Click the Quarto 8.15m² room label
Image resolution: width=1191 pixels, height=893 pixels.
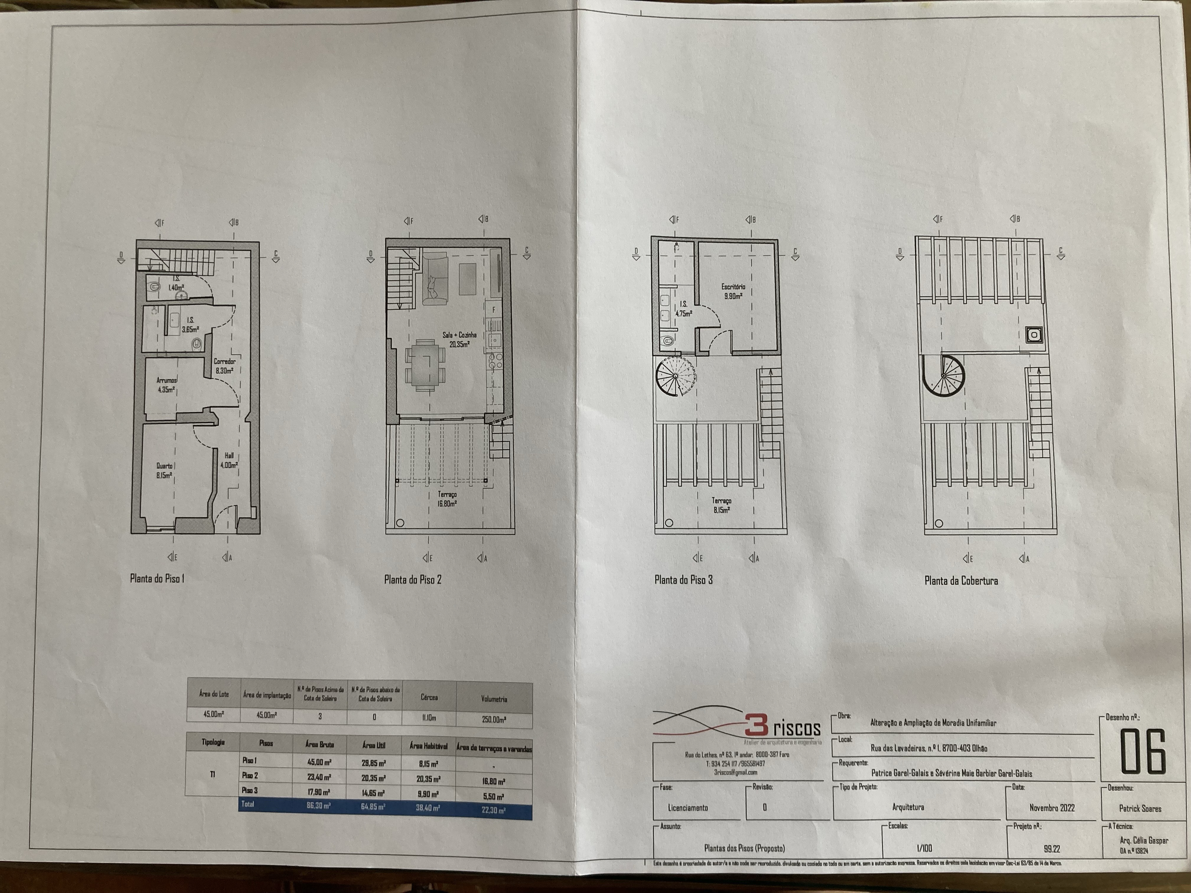click(x=164, y=470)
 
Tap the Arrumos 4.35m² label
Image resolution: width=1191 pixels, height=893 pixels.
click(x=166, y=385)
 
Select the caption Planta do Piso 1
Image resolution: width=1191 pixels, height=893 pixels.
click(x=157, y=579)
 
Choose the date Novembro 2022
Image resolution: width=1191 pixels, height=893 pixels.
click(x=1052, y=808)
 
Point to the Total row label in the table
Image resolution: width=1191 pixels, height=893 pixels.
click(x=248, y=804)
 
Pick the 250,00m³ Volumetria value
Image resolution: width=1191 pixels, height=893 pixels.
click(x=494, y=719)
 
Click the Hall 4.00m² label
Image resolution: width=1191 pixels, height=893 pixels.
click(x=229, y=460)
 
